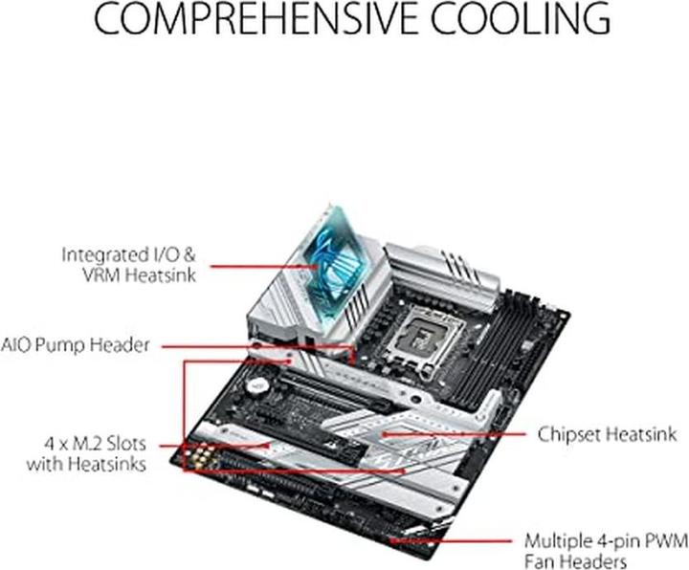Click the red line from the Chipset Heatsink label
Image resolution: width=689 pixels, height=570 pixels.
click(459, 432)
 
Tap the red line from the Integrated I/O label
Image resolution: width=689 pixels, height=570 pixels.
click(258, 264)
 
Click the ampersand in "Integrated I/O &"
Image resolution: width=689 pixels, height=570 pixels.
click(191, 255)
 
